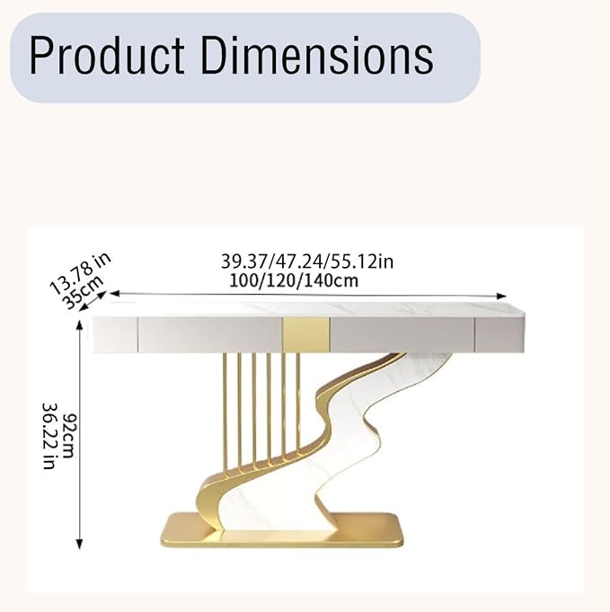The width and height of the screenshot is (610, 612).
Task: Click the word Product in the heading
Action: click(x=107, y=55)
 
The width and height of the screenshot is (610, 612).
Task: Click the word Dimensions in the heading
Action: click(x=317, y=55)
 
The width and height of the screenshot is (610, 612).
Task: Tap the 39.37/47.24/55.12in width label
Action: click(x=307, y=262)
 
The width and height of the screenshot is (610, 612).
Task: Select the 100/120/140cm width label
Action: click(x=294, y=280)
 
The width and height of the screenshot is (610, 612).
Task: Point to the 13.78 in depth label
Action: click(x=80, y=273)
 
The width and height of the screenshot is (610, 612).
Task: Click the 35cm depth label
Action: click(x=84, y=292)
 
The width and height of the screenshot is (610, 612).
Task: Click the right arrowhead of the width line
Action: click(x=501, y=297)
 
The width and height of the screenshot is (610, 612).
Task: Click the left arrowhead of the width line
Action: click(x=114, y=293)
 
